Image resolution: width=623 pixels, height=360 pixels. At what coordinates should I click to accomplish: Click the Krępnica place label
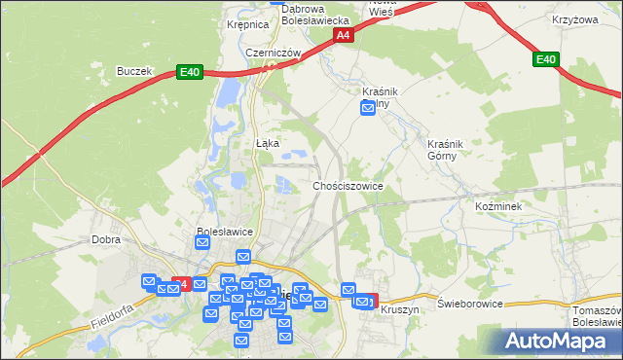pyautogui.click(x=246, y=25)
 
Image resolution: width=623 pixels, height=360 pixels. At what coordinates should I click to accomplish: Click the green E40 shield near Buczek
pyautogui.click(x=189, y=72)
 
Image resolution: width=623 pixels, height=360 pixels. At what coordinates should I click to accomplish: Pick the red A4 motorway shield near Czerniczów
pyautogui.click(x=343, y=35)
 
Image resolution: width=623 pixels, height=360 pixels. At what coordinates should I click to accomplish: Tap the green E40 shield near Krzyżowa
pyautogui.click(x=546, y=60)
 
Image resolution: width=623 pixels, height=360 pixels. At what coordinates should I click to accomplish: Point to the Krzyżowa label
pyautogui.click(x=573, y=20)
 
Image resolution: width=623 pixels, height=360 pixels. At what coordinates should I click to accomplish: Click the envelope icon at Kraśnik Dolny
pyautogui.click(x=368, y=109)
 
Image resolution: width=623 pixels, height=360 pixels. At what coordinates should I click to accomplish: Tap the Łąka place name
pyautogui.click(x=267, y=143)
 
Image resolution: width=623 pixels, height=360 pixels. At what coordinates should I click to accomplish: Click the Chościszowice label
pyautogui.click(x=348, y=185)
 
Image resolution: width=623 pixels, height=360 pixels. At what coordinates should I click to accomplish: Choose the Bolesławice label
pyautogui.click(x=225, y=232)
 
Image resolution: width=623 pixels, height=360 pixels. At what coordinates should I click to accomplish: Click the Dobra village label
pyautogui.click(x=105, y=238)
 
